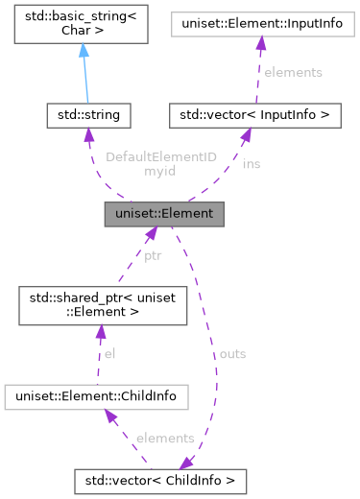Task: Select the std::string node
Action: coord(88,116)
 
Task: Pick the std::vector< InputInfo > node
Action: coord(255,116)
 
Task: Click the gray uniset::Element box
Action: coord(164,214)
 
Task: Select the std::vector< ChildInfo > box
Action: coord(161,478)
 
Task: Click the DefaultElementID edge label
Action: coord(161,156)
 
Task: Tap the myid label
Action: coord(159,171)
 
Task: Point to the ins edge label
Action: coord(251,163)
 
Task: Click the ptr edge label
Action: coord(153,256)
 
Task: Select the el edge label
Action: coord(109,354)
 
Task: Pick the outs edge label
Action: coord(232,354)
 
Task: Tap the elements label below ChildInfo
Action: coord(165,438)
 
